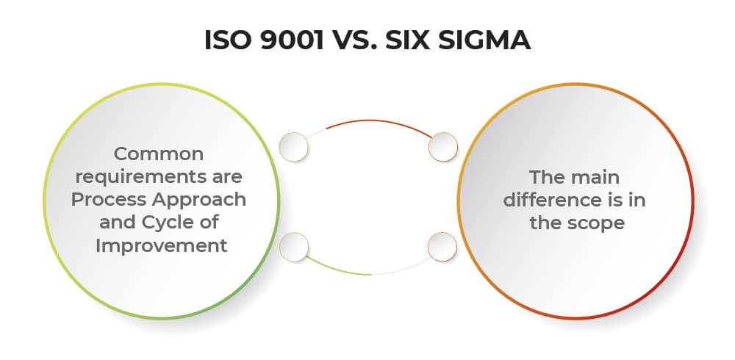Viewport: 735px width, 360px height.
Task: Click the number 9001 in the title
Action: (x=292, y=40)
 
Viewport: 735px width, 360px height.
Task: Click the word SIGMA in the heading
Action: (x=484, y=40)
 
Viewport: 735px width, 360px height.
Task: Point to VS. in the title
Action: (x=355, y=40)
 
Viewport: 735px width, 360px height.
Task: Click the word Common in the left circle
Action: (x=159, y=154)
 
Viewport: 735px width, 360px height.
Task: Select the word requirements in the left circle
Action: (x=159, y=177)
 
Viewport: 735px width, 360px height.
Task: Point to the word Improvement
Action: (x=161, y=246)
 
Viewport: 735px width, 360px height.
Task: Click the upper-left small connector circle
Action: (x=294, y=147)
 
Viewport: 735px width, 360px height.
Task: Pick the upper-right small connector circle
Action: (x=443, y=147)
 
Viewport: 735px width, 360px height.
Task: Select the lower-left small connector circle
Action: (x=294, y=247)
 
